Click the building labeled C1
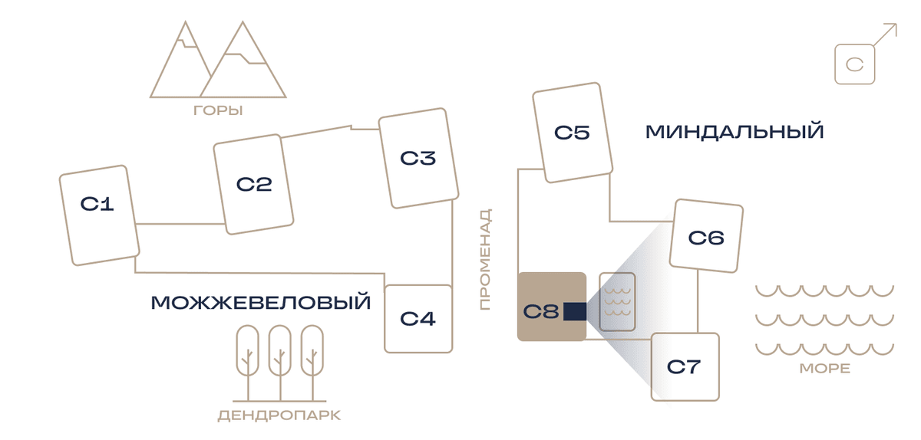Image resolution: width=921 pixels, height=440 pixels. [x=100, y=215]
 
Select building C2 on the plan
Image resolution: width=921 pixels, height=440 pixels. [x=253, y=184]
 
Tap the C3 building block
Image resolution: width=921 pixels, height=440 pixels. [x=418, y=158]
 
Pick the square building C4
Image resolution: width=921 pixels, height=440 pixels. [x=418, y=319]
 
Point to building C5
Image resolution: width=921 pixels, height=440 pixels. [x=573, y=133]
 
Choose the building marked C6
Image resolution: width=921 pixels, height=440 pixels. [x=706, y=236]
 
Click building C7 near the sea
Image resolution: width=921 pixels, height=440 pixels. [x=685, y=367]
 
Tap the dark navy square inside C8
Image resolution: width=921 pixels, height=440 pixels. [x=575, y=311]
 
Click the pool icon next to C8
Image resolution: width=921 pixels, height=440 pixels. [x=617, y=301]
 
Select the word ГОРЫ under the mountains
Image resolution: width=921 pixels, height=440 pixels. [x=218, y=110]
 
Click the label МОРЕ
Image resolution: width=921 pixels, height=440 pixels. [x=825, y=369]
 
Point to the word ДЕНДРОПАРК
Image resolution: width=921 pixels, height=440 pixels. [x=279, y=415]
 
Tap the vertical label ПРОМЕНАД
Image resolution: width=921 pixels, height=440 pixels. [x=486, y=260]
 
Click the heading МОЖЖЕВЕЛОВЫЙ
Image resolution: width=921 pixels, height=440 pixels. [x=261, y=303]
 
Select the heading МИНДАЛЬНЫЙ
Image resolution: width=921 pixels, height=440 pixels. [x=734, y=132]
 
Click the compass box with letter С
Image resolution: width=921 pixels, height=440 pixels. [x=855, y=64]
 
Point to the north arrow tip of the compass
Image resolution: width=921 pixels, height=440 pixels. [x=896, y=24]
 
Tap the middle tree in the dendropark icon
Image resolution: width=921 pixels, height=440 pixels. [x=280, y=363]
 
